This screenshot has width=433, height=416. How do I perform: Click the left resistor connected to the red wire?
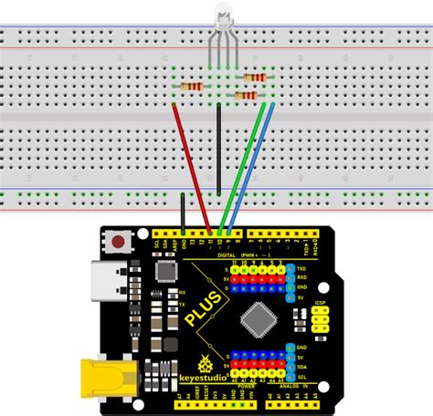point(192,86)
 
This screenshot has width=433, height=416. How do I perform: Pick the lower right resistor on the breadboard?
point(247,94)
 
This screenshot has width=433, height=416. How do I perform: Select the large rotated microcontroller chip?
point(256,317)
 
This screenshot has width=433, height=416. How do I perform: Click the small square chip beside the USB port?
point(165,271)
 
